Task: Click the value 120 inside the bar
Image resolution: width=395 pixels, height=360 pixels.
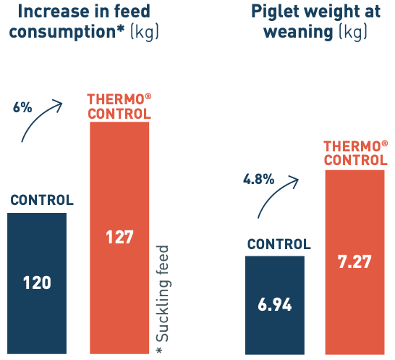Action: pyautogui.click(x=37, y=282)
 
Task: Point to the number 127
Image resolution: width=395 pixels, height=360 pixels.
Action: pyautogui.click(x=119, y=238)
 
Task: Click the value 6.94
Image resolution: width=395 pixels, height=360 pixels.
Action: pyautogui.click(x=275, y=305)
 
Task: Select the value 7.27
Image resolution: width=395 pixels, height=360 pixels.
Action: pyautogui.click(x=354, y=261)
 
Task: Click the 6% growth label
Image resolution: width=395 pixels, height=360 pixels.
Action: pyautogui.click(x=22, y=107)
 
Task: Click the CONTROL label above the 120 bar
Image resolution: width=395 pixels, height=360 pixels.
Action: pyautogui.click(x=41, y=200)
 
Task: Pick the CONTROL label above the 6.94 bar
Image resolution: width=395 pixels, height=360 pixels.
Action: pyautogui.click(x=279, y=244)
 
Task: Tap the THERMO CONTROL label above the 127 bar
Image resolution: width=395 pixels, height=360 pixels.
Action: pyautogui.click(x=119, y=106)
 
